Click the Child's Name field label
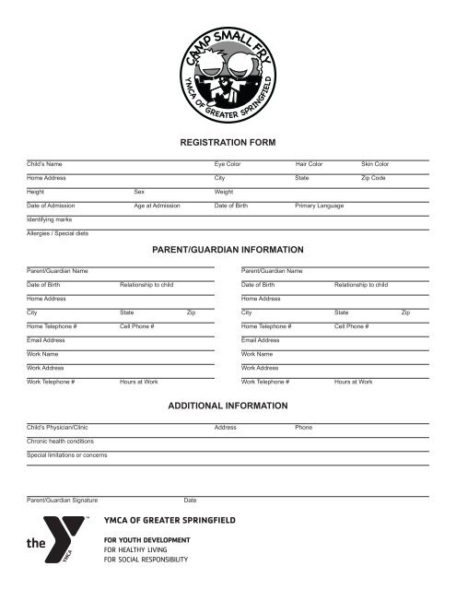[x=44, y=163]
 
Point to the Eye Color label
[x=228, y=163]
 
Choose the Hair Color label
[x=310, y=163]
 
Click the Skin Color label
[x=375, y=163]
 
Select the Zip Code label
[x=373, y=177]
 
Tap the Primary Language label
[x=320, y=206]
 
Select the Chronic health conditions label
[x=61, y=442]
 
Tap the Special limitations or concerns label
[x=67, y=455]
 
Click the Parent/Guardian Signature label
[x=62, y=500]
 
